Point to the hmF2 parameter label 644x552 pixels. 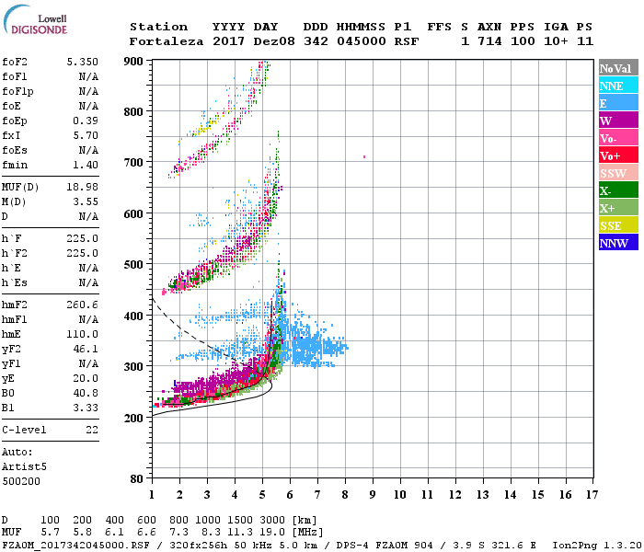point(16,305)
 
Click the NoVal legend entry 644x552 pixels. point(616,68)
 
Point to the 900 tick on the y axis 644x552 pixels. point(134,61)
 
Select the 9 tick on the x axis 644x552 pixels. point(373,495)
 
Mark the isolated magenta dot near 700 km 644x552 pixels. point(364,157)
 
